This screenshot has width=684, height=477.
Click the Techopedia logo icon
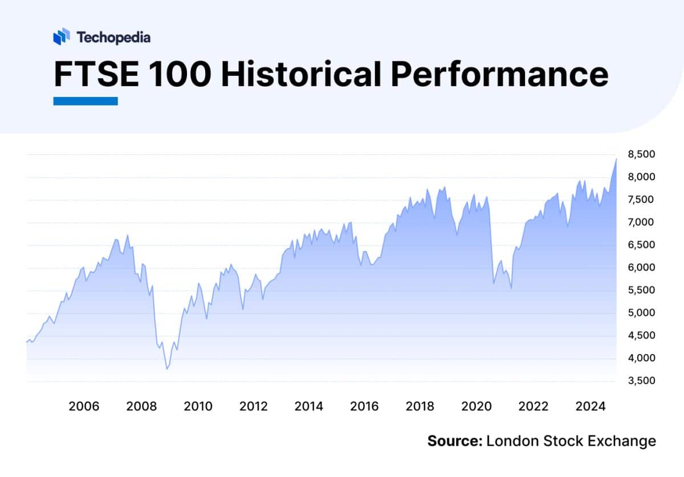pyautogui.click(x=61, y=37)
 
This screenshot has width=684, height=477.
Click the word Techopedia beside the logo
pyautogui.click(x=113, y=38)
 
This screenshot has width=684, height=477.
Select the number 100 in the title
pyautogui.click(x=181, y=75)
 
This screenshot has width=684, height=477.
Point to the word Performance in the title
pyautogui.click(x=499, y=75)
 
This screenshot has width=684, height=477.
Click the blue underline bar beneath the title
pyautogui.click(x=85, y=101)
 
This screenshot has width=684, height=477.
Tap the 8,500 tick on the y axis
pyautogui.click(x=642, y=154)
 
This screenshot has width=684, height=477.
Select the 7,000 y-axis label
pyautogui.click(x=642, y=222)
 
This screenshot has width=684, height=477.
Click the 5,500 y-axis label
pyautogui.click(x=642, y=290)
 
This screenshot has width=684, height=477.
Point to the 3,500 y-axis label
pyautogui.click(x=642, y=381)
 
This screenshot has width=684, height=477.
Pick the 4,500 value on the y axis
pyautogui.click(x=642, y=336)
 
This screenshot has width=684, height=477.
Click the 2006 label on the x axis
pyautogui.click(x=84, y=407)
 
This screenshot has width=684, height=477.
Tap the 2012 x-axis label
pyautogui.click(x=253, y=407)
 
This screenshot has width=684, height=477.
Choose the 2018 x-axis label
pyautogui.click(x=421, y=407)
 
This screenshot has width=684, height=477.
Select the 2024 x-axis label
pyautogui.click(x=589, y=407)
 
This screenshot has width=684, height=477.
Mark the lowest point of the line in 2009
pyautogui.click(x=166, y=369)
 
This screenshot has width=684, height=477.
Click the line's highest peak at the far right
pyautogui.click(x=616, y=159)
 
